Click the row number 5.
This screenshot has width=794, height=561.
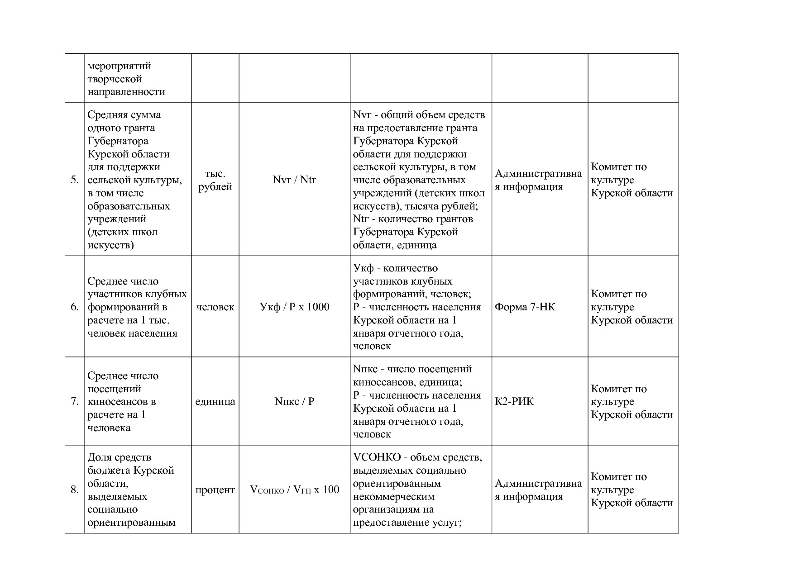pos(75,180)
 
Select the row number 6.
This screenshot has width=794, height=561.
pos(75,307)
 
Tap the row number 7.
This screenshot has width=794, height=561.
pos(75,402)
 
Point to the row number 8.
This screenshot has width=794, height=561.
pos(75,490)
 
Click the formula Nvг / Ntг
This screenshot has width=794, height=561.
pos(294,180)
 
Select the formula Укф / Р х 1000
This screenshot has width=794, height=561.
pos(294,307)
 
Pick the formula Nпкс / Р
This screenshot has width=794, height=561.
pos(294,402)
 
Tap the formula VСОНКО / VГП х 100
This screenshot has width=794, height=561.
pos(294,490)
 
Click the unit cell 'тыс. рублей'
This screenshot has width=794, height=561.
pos(215,180)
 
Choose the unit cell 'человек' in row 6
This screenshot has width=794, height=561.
pos(215,307)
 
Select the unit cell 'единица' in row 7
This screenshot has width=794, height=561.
pos(215,402)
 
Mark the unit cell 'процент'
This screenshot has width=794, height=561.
pos(215,490)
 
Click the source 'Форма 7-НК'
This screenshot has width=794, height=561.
pos(525,307)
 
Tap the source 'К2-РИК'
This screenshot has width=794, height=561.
pos(514,402)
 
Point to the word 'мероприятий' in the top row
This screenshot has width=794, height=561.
pos(119,66)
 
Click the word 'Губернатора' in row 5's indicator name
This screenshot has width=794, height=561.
pos(118,141)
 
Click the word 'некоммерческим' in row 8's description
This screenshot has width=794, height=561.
pos(393,497)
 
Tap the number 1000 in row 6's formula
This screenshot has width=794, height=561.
pos(318,307)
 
